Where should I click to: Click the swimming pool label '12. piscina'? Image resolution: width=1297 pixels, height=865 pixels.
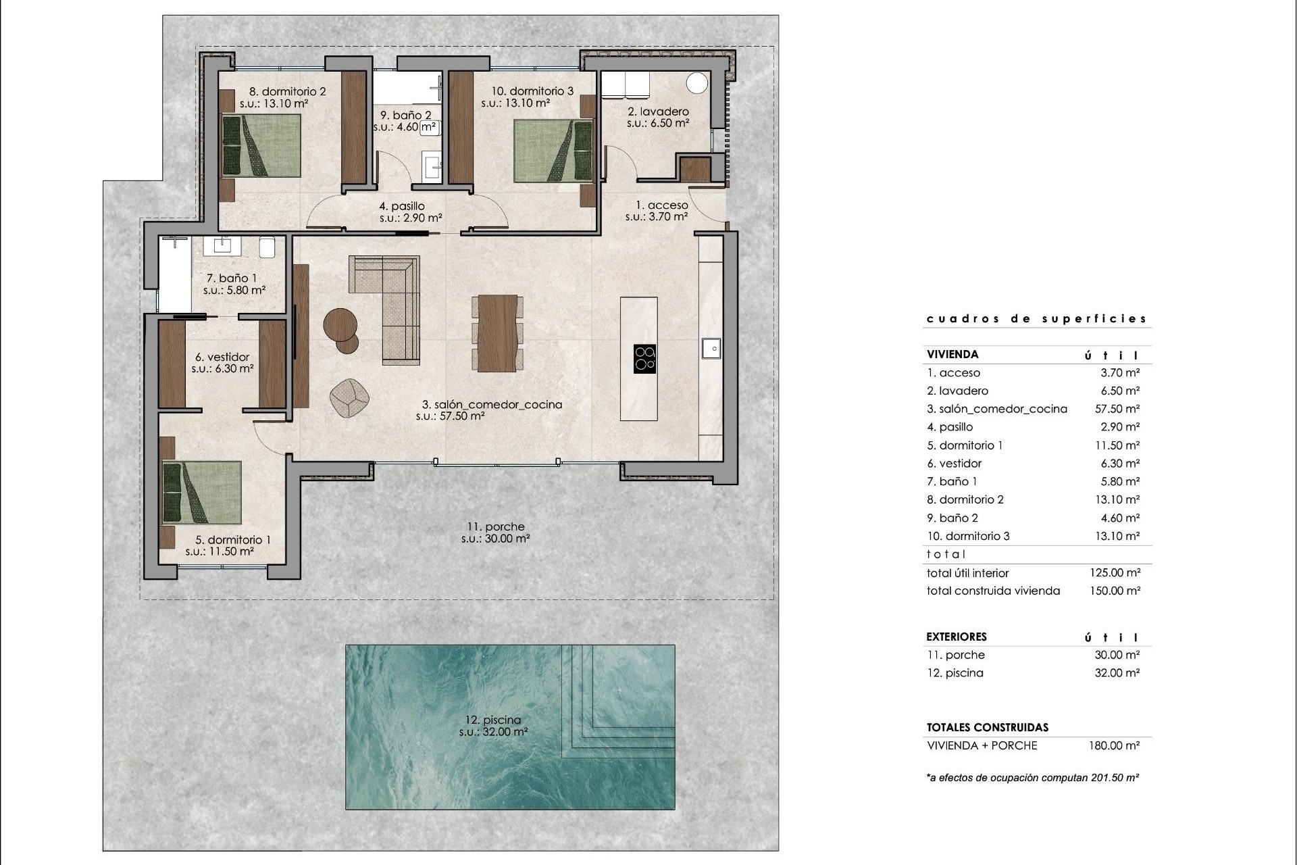(493, 720)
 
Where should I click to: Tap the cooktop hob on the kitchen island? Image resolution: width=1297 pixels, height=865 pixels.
(644, 359)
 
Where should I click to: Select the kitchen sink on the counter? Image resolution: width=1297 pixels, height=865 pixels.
(711, 349)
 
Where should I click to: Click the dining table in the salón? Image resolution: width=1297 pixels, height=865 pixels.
(497, 333)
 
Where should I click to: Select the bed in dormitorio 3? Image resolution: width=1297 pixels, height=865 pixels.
(553, 151)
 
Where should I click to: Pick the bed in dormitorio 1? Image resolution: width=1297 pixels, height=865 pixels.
(202, 493)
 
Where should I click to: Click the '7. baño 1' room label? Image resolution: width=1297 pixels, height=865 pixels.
(232, 278)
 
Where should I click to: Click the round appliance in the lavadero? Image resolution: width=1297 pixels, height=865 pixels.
(696, 83)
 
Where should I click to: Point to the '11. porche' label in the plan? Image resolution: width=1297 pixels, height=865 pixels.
(495, 526)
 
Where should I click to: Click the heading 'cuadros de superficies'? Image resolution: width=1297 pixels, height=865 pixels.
(1036, 319)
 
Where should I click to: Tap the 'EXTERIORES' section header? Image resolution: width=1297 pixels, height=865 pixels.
(957, 637)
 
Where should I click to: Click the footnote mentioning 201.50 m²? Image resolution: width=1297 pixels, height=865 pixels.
(1033, 778)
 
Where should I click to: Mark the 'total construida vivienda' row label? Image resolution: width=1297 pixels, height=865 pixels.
(993, 591)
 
